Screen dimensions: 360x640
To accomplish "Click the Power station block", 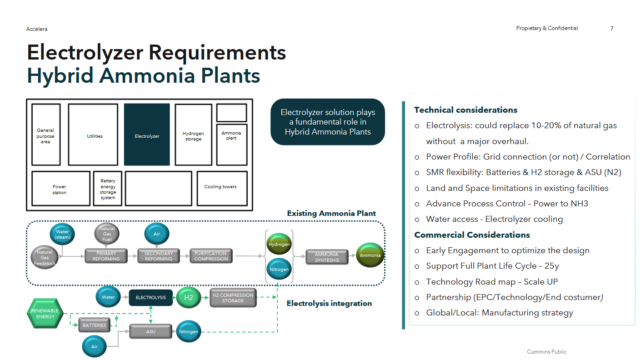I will click(59, 187).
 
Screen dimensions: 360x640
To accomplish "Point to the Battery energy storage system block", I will click(107, 187).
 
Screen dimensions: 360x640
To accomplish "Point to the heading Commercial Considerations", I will click(465, 235).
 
